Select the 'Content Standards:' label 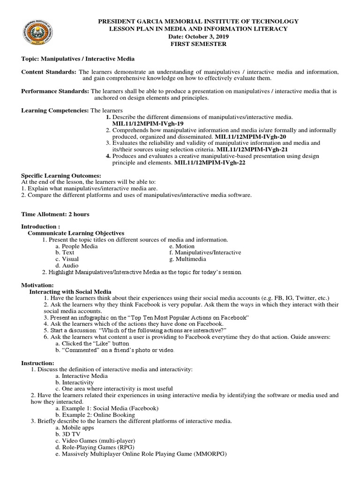tap(49, 72)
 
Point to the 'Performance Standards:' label tap(55, 91)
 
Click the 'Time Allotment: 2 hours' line tap(55, 214)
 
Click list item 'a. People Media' tap(76, 246)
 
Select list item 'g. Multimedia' tap(186, 259)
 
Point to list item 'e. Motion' tap(182, 246)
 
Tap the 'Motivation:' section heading tap(37, 285)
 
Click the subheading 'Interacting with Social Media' tap(70, 292)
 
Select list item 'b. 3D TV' tap(68, 434)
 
